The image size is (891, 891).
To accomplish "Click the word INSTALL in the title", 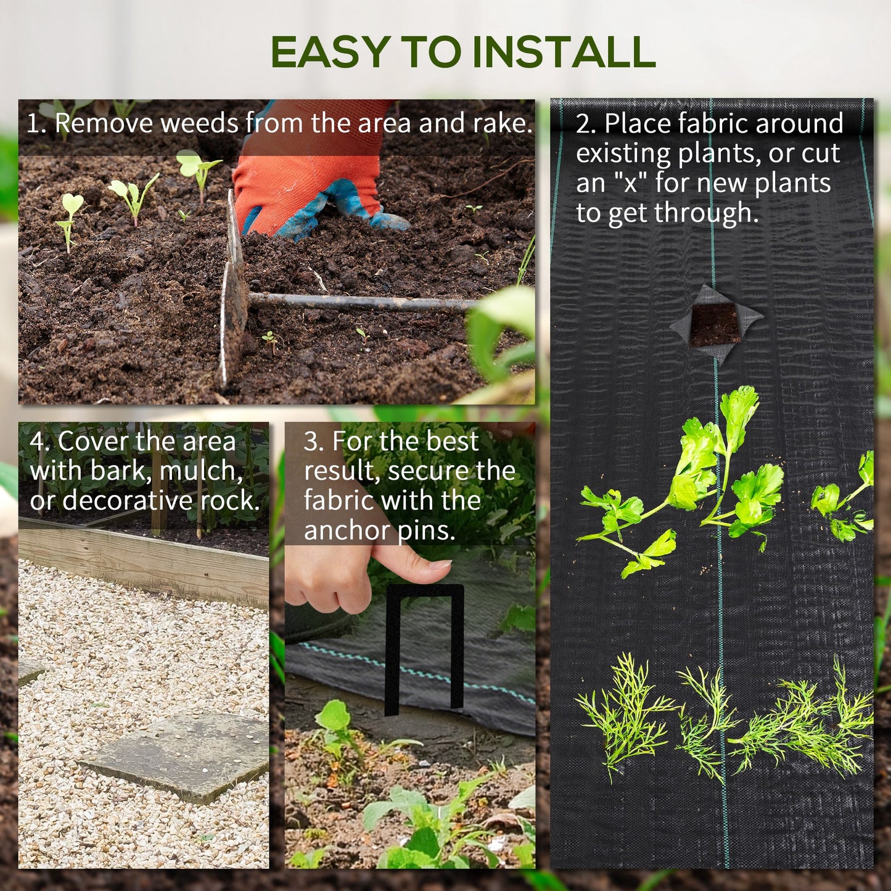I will (563, 52).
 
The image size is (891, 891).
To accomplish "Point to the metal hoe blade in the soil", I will (234, 296).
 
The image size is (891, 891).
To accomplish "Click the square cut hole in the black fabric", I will (715, 324).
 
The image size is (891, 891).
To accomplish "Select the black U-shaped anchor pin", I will (425, 647).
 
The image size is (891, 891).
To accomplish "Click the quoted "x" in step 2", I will (630, 183).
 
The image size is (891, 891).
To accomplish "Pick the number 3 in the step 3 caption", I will (312, 441).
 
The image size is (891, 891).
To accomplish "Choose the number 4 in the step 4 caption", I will (37, 441).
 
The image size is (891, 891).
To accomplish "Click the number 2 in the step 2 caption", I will (583, 124).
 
